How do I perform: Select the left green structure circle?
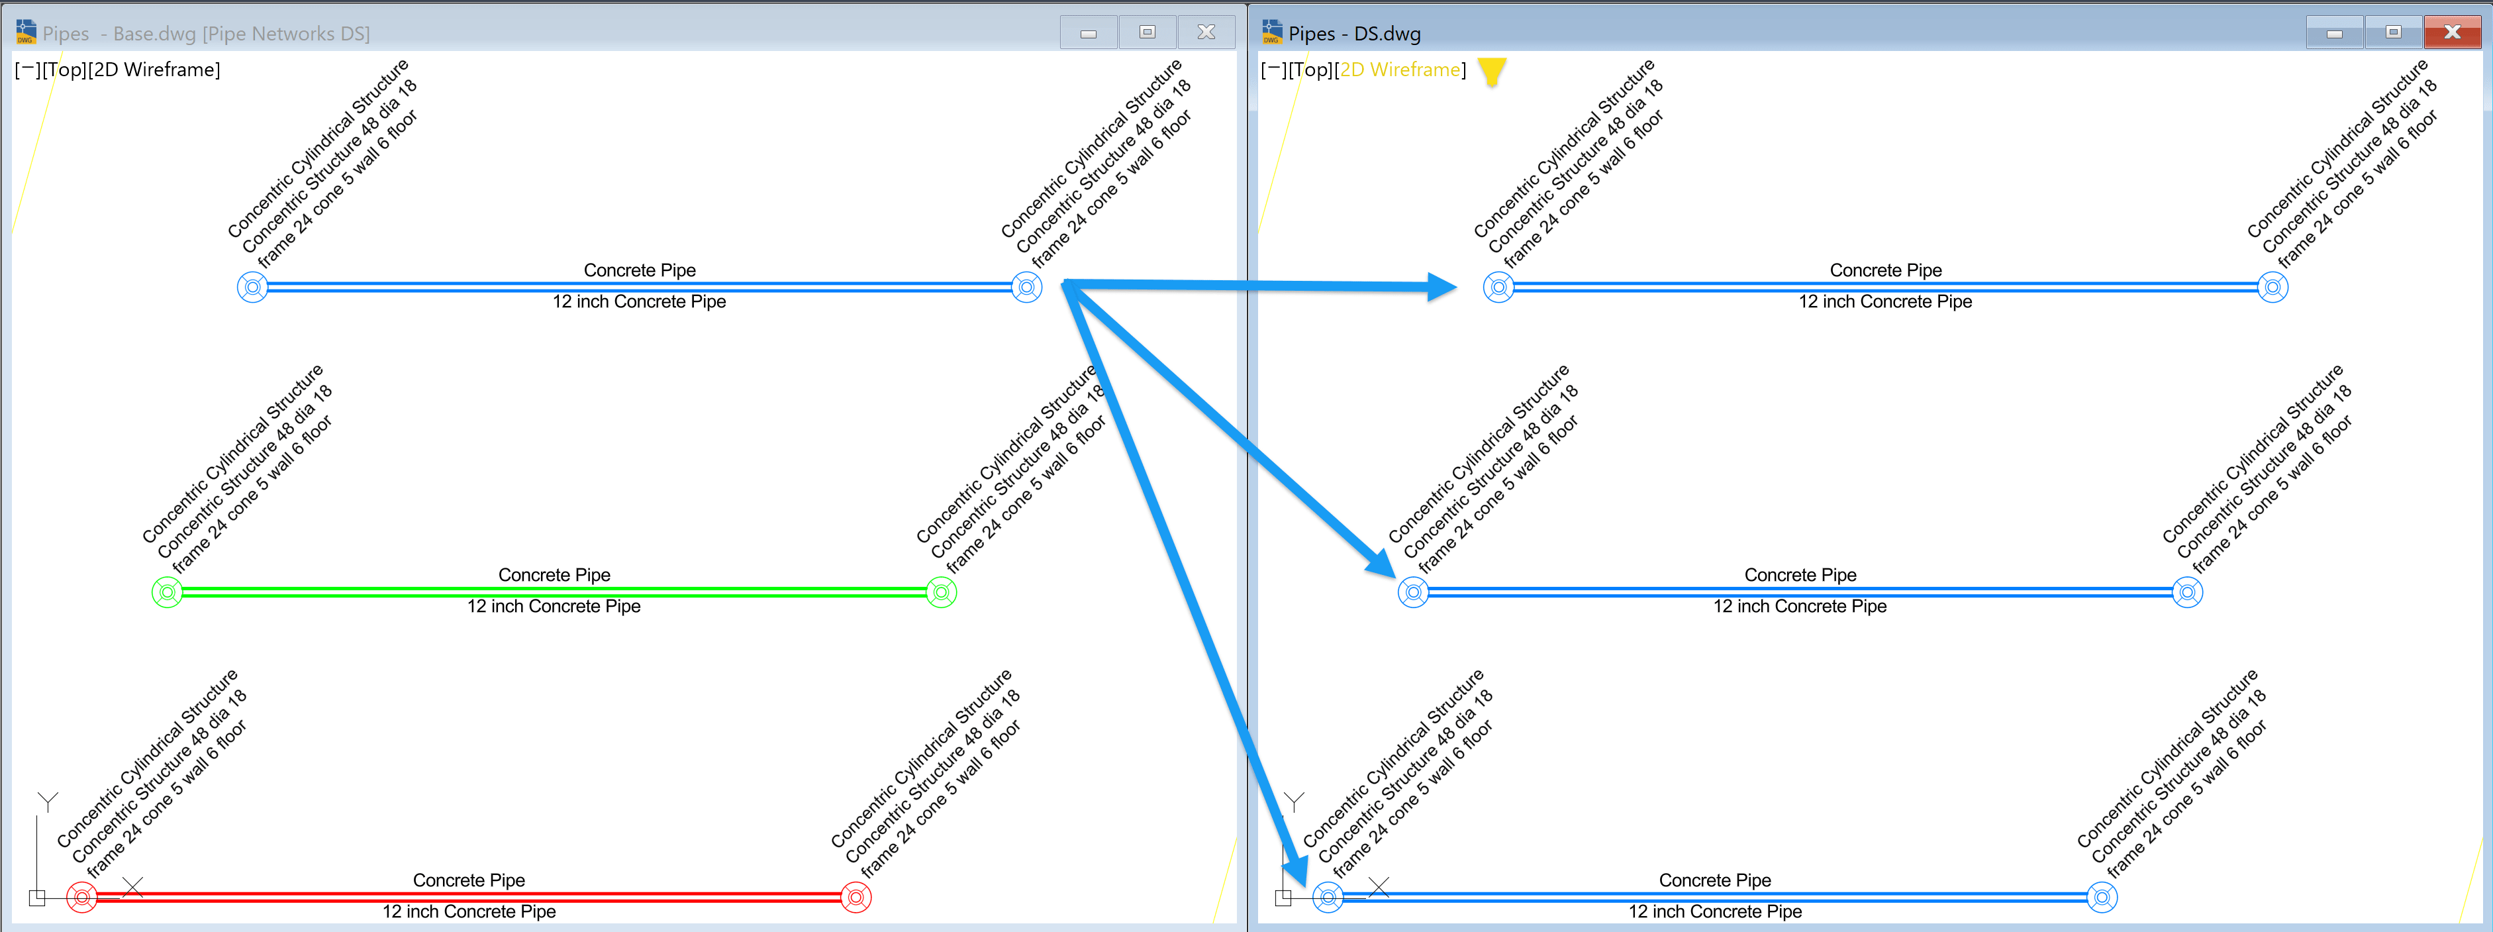tap(168, 592)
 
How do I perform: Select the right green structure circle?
tap(942, 592)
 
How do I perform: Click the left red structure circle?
tap(82, 897)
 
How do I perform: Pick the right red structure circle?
tap(856, 897)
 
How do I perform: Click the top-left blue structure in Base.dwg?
tap(252, 286)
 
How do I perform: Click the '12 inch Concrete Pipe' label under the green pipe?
tap(554, 606)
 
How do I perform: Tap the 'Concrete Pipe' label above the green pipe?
tap(554, 575)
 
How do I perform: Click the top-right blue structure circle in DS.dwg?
tap(2273, 286)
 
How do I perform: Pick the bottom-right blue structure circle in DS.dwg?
tap(2102, 897)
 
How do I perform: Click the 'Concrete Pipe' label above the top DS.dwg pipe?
tap(1885, 270)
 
